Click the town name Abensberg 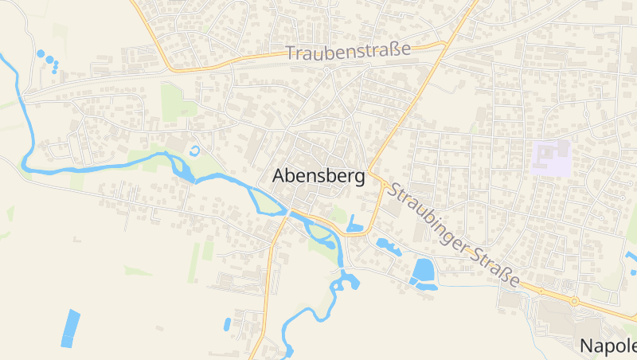[x=318, y=176]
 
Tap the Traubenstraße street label [x=348, y=51]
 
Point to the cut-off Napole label [x=608, y=346]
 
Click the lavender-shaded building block [x=551, y=158]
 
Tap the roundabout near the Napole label [x=573, y=302]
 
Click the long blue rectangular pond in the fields [x=71, y=327]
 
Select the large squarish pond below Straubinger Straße [x=423, y=271]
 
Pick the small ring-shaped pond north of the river [x=195, y=151]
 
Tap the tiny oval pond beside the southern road [x=227, y=324]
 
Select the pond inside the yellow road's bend [x=355, y=225]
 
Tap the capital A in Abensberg [x=280, y=176]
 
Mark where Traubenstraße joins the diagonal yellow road [x=443, y=45]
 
